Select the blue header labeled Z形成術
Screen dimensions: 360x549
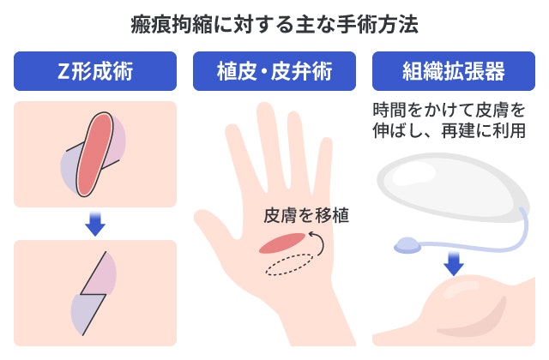pos(95,71)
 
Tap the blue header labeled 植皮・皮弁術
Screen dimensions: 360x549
pos(274,71)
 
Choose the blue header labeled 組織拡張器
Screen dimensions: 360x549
pos(453,71)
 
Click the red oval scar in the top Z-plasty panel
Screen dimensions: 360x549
pos(94,152)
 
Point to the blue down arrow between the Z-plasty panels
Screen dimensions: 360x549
pos(95,224)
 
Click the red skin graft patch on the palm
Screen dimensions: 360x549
pos(281,243)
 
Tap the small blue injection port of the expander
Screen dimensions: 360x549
pos(407,248)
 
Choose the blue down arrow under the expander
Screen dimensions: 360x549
pos(453,261)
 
